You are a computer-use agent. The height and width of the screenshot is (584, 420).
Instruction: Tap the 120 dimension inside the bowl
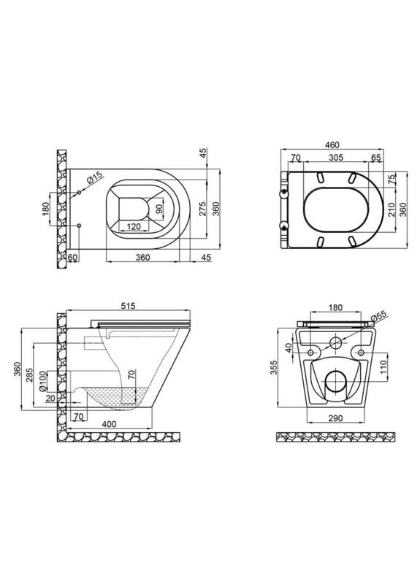pos(132,227)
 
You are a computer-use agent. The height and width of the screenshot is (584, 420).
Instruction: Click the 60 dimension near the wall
pos(72,257)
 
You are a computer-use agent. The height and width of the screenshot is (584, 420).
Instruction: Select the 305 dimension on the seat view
pos(337,158)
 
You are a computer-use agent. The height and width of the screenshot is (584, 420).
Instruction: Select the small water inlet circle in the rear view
pos(337,342)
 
